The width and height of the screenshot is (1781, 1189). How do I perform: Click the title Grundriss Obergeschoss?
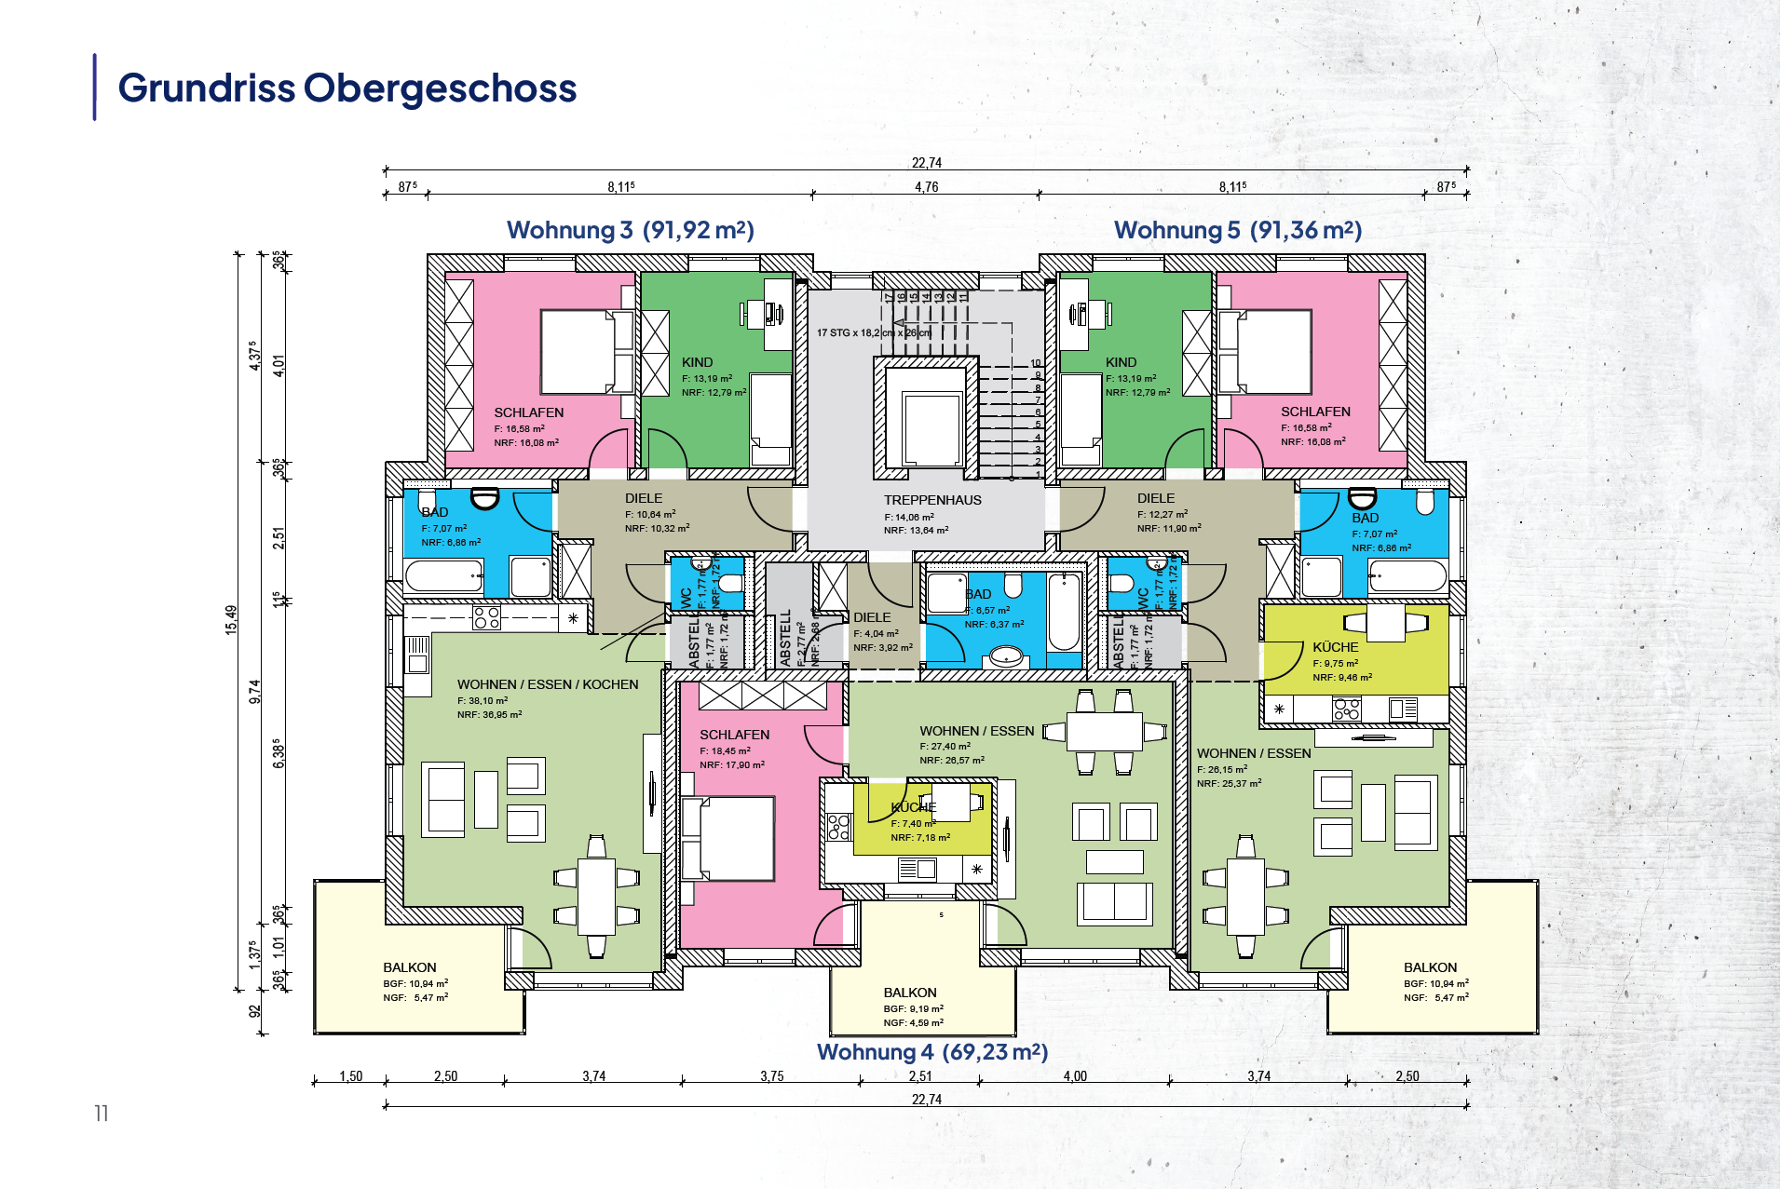click(347, 88)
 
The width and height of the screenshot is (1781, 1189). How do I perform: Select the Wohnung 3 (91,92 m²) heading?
click(630, 230)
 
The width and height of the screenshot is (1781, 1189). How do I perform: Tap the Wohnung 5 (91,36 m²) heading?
click(1237, 230)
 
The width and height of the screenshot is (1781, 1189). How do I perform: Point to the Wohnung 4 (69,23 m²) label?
click(931, 1052)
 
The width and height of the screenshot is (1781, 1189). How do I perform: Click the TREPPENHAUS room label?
click(932, 500)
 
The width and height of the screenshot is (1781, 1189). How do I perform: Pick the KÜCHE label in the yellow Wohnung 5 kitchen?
click(1335, 647)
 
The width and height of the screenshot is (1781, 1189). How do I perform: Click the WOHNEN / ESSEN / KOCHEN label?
click(548, 684)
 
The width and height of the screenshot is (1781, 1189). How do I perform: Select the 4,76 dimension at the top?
click(926, 187)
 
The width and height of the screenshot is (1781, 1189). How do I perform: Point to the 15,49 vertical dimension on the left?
click(231, 619)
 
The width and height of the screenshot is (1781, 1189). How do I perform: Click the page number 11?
click(102, 1113)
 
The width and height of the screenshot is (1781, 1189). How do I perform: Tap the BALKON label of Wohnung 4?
click(910, 993)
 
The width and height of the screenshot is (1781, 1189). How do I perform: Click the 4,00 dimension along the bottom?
click(1075, 1076)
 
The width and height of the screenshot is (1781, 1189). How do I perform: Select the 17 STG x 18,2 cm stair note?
click(873, 332)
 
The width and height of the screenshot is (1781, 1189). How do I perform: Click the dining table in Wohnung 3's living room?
click(596, 897)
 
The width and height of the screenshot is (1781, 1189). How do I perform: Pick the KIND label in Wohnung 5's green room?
click(1121, 362)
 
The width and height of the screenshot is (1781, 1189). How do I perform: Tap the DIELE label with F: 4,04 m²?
click(872, 617)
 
